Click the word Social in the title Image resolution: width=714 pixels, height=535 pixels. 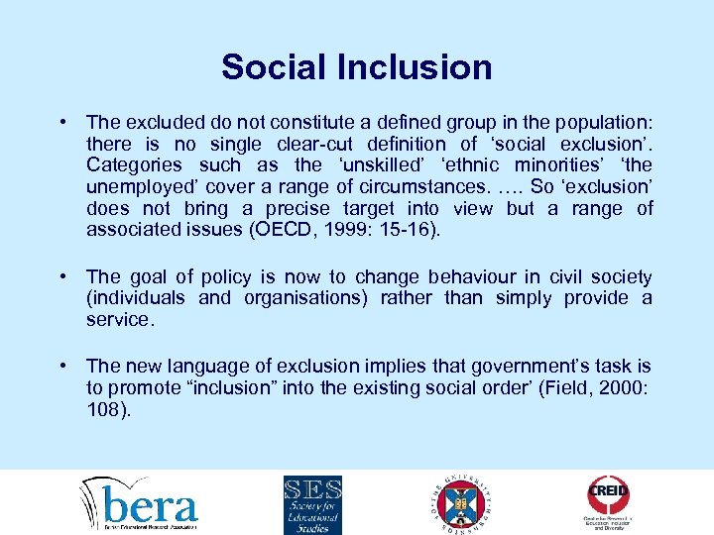pos(271,67)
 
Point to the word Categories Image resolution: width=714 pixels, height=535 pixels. pos(134,165)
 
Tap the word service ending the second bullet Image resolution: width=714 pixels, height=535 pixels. pos(120,320)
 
